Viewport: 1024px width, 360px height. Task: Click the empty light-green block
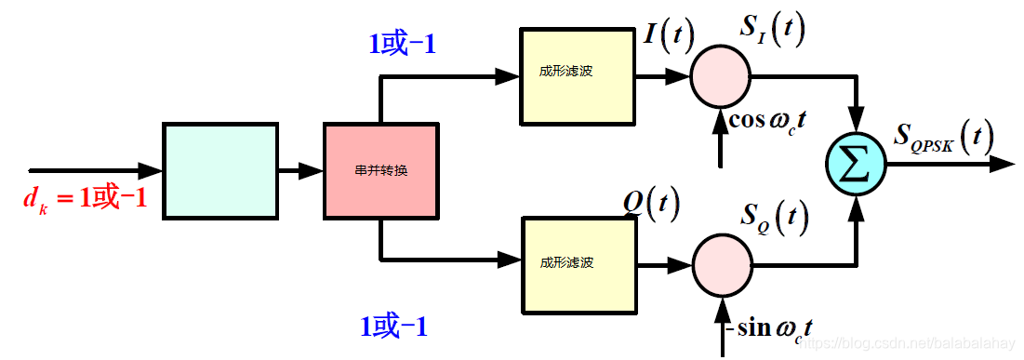[220, 171]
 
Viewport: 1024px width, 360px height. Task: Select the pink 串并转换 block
[380, 172]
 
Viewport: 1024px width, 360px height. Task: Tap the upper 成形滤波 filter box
[578, 76]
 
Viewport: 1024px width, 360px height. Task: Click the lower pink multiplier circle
[723, 265]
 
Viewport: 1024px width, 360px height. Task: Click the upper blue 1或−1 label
[403, 44]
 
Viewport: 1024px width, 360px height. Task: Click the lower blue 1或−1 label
[393, 327]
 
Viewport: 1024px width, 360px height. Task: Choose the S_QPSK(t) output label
[943, 139]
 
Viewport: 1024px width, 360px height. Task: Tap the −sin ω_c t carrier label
[771, 328]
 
